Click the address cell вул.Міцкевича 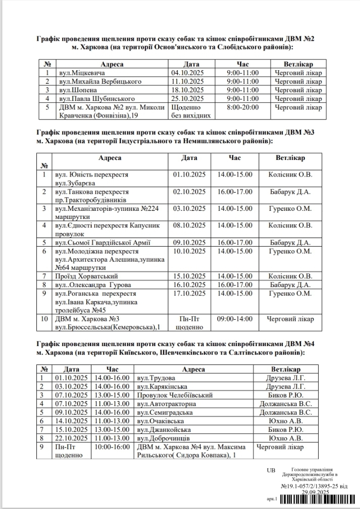(76, 73)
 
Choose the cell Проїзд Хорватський (86, 276)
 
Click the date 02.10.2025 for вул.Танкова (189, 192)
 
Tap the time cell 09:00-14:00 (234, 319)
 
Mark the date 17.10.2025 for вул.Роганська (189, 293)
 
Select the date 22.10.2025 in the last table (70, 438)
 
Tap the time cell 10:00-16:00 (110, 446)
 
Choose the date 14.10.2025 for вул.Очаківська (70, 421)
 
